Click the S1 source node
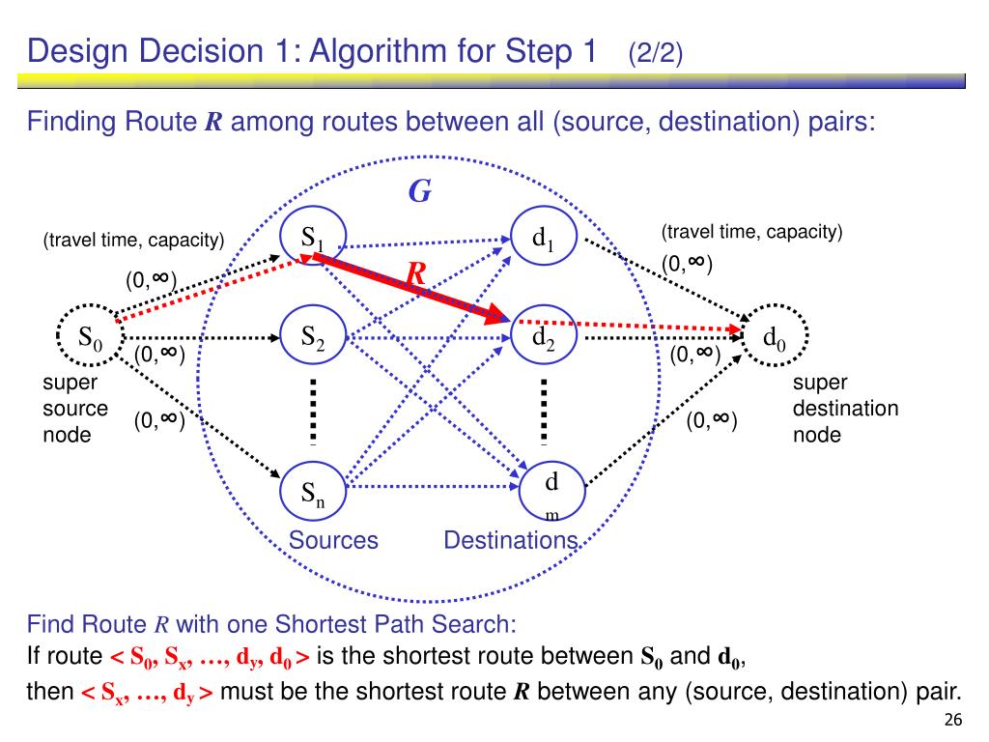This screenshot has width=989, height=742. pos(311,238)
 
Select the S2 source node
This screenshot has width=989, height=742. pos(311,337)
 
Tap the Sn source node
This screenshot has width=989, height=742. pos(311,493)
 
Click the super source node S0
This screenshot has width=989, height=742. pos(90,337)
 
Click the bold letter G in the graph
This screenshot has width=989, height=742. pos(419,192)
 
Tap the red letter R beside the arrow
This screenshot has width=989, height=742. pos(416,276)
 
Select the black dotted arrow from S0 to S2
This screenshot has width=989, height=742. pos(203,338)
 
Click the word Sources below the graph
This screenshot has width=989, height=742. pos(333,540)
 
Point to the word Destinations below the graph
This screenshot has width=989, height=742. pos(510,540)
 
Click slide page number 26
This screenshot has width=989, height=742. pos(953,721)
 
